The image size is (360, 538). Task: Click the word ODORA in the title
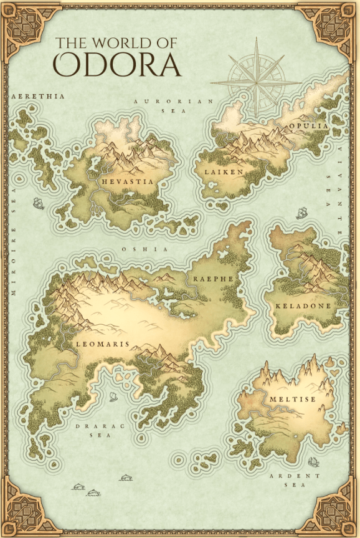pyautogui.click(x=118, y=64)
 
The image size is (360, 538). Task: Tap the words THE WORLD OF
pyautogui.click(x=116, y=42)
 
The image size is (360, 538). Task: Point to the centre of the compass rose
pyautogui.click(x=256, y=80)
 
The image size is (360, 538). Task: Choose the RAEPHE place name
pyautogui.click(x=212, y=279)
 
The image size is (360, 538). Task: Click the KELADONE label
pyautogui.click(x=303, y=306)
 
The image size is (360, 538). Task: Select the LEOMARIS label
pyautogui.click(x=102, y=343)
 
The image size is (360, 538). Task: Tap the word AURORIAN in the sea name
pyautogui.click(x=174, y=100)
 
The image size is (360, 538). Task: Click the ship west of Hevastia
pyautogui.click(x=39, y=203)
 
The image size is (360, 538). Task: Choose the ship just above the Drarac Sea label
pyautogui.click(x=113, y=396)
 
